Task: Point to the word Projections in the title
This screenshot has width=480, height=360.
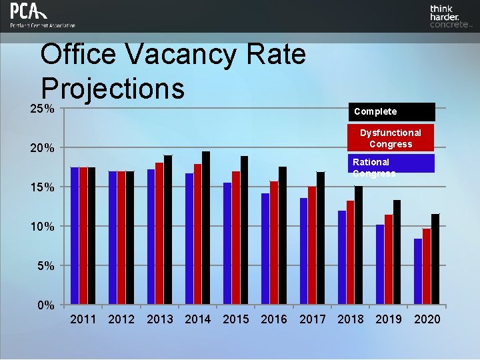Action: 112,87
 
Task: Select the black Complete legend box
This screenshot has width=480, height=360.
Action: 391,111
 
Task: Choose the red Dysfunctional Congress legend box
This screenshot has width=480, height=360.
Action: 391,138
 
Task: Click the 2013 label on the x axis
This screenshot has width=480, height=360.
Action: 160,319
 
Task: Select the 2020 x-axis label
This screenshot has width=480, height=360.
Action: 427,319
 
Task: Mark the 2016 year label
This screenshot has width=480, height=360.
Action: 274,319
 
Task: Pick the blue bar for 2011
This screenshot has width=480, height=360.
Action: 75,236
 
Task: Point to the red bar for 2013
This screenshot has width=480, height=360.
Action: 159,233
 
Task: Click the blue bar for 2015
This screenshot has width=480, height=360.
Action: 227,243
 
